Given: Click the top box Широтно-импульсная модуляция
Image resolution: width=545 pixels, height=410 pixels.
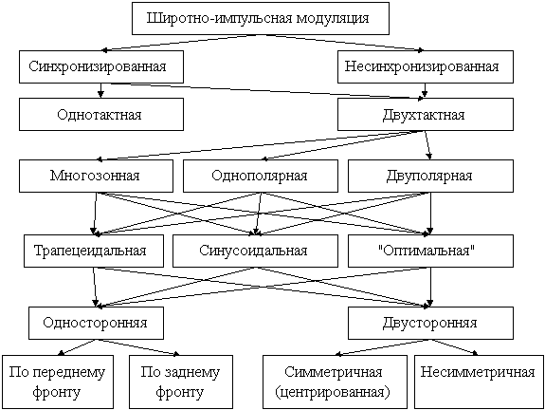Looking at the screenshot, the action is (x=261, y=18).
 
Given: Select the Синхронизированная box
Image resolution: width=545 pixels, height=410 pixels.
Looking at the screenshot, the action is (x=101, y=66).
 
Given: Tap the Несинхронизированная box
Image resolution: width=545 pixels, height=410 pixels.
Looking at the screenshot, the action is (x=426, y=66).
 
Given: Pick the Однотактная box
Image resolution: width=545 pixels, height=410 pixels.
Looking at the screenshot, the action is (x=101, y=115).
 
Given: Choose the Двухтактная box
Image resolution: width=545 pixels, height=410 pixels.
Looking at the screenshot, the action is (x=426, y=115).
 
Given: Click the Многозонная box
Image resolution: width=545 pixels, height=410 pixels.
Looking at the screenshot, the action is (x=96, y=177).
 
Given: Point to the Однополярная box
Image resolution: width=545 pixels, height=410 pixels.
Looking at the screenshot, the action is (x=261, y=177).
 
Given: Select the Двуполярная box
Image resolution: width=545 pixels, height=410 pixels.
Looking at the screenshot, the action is (x=430, y=177).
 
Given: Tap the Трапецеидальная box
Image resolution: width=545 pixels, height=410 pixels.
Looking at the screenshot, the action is (x=94, y=251).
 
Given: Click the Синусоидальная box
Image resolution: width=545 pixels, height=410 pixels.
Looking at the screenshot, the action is (x=255, y=251).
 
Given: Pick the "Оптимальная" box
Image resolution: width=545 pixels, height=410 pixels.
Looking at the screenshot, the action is (x=430, y=251).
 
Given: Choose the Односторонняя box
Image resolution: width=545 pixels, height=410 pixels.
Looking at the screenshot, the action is (x=96, y=323).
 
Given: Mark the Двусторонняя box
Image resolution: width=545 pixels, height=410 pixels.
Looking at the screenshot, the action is (x=430, y=323).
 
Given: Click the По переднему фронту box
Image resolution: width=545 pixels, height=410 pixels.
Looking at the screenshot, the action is (x=58, y=382).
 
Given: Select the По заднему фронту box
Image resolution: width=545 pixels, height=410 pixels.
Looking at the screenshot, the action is (x=181, y=382).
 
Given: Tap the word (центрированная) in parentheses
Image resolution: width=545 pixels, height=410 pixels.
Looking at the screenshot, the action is (x=333, y=392).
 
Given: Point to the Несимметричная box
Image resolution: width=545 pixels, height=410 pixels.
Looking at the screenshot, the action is (x=479, y=382).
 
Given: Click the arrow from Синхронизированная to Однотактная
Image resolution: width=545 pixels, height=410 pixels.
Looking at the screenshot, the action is (x=100, y=90).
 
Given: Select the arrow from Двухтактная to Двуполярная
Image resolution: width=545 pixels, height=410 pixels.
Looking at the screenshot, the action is (x=427, y=145).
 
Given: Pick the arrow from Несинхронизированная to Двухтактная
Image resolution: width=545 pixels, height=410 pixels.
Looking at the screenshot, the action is (x=425, y=90).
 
